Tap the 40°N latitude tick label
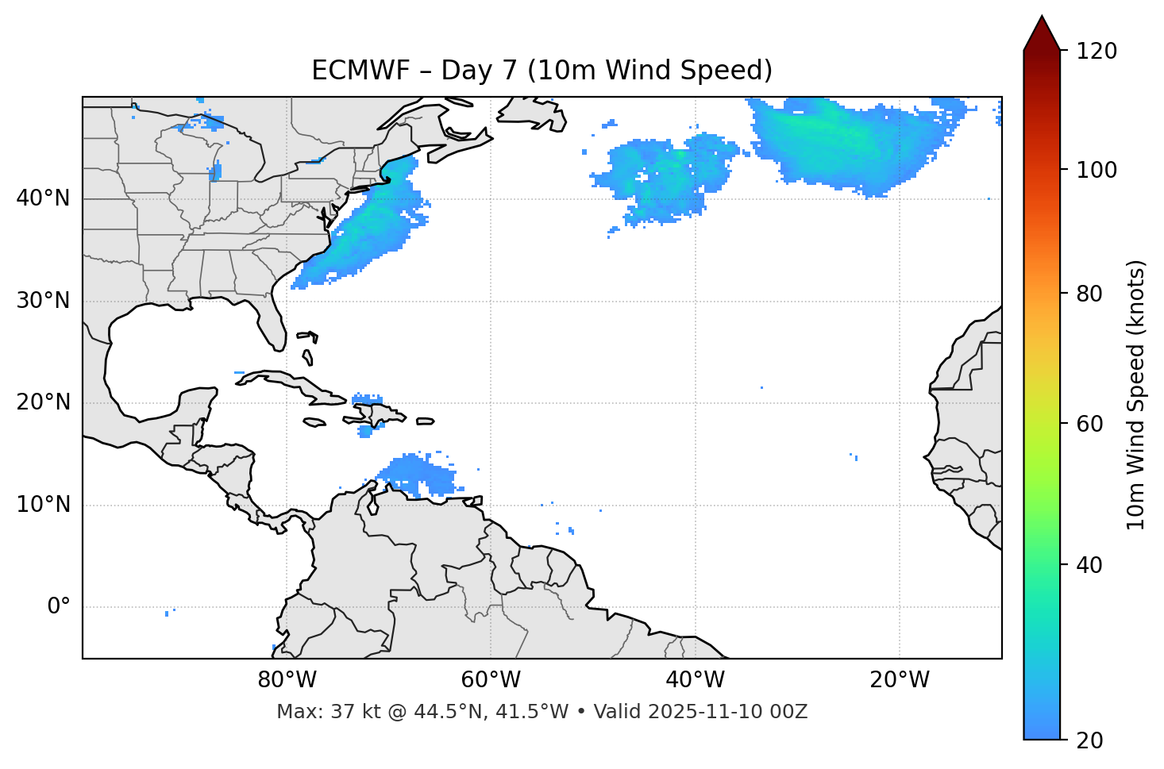[x=43, y=198]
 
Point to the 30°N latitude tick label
[x=43, y=300]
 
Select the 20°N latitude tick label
[x=43, y=402]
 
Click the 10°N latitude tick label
[x=43, y=505]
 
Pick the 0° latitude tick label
[x=58, y=607]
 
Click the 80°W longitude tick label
[x=287, y=680]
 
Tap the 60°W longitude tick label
[x=491, y=680]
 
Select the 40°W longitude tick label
[x=695, y=680]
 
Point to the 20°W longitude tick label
[x=899, y=680]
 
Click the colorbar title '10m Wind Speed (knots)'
[x=1136, y=395]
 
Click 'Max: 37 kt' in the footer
[x=310, y=712]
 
